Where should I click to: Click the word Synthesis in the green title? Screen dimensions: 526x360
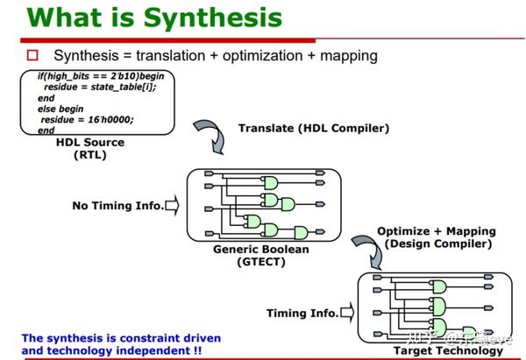tap(213, 18)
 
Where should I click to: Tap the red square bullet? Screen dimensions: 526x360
tap(32, 55)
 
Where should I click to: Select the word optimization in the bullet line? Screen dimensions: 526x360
tap(263, 56)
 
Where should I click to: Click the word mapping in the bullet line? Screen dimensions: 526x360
tap(349, 56)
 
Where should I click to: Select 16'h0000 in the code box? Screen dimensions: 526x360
tap(110, 120)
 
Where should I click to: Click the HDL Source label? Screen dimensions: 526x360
tap(90, 142)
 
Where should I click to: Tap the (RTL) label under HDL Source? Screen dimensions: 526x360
tap(90, 155)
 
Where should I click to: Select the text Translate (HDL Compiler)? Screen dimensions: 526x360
tap(314, 129)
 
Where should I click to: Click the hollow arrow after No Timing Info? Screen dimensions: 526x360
tap(172, 206)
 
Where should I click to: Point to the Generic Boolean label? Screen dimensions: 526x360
tap(261, 250)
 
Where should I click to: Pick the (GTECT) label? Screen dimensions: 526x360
tap(261, 262)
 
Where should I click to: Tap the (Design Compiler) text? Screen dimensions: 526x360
tap(438, 244)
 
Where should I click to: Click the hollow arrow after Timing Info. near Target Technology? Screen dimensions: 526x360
tap(347, 313)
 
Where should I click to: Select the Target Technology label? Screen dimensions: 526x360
tap(448, 350)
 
